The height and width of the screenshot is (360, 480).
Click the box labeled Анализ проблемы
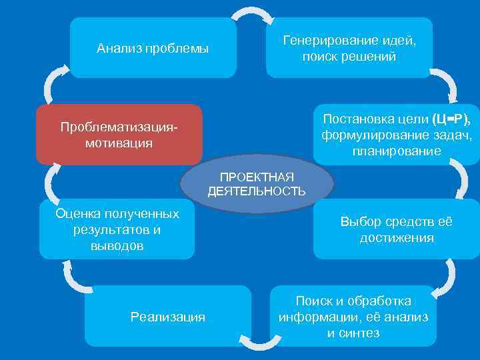click(x=153, y=48)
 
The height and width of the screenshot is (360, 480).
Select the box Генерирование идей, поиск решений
click(x=349, y=48)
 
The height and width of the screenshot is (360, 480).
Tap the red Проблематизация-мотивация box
click(x=119, y=134)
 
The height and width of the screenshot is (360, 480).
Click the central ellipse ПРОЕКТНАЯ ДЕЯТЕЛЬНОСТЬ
click(x=257, y=184)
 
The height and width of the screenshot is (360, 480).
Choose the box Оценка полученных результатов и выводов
click(x=117, y=229)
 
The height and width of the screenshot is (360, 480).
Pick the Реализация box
click(x=168, y=317)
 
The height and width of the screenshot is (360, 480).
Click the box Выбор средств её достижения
click(x=396, y=229)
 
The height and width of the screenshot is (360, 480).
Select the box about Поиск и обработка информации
click(x=353, y=317)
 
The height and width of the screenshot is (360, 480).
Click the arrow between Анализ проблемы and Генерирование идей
click(x=251, y=13)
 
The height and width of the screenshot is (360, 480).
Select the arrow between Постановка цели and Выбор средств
click(x=460, y=179)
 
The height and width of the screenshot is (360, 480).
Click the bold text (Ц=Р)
click(x=451, y=119)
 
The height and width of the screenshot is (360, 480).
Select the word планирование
click(x=397, y=151)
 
